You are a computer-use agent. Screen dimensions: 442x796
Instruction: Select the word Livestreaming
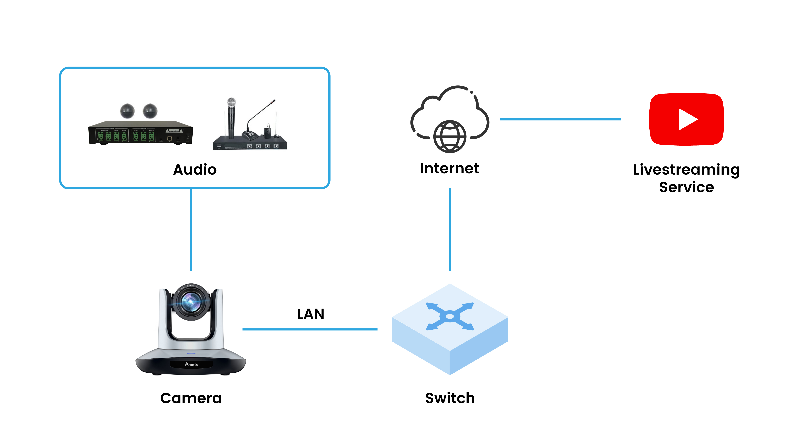(686, 170)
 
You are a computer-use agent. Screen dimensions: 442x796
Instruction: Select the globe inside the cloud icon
(450, 136)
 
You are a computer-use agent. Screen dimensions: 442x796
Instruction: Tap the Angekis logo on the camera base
(191, 364)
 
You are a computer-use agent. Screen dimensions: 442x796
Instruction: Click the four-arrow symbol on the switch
(450, 316)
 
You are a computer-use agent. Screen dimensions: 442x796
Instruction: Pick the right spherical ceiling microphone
(150, 111)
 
